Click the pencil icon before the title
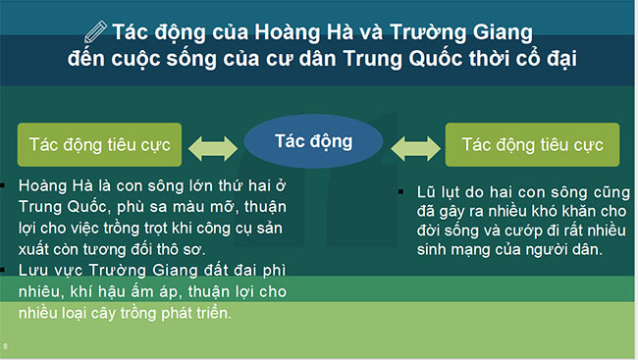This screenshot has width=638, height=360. [x=96, y=29]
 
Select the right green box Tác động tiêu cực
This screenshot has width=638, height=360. [x=532, y=144]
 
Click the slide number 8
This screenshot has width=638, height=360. [x=6, y=346]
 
